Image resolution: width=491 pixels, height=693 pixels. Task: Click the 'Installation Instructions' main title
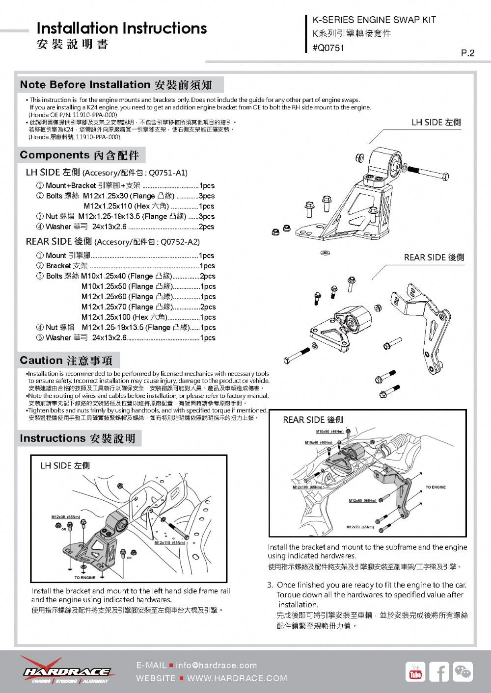[x=121, y=28]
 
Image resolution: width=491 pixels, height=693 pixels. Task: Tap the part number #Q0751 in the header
[x=328, y=48]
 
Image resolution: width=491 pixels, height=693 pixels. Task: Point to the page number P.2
[x=467, y=53]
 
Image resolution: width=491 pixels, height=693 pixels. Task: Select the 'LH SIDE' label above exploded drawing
[x=436, y=122]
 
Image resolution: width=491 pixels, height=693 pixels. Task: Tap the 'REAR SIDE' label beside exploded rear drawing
[x=434, y=257]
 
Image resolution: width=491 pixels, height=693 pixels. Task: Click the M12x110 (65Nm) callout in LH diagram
[x=169, y=542]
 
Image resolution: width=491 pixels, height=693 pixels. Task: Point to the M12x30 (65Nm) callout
[x=66, y=517]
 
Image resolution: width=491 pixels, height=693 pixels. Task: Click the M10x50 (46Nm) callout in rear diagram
[x=329, y=432]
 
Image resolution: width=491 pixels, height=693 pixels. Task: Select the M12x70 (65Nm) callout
[x=360, y=527]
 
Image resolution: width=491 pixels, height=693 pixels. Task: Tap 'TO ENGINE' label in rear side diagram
[x=436, y=487]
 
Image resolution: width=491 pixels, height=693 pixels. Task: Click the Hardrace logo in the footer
[x=66, y=671]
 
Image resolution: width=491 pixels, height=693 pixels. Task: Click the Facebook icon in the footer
[x=438, y=672]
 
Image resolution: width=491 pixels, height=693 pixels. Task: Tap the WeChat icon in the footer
[x=463, y=672]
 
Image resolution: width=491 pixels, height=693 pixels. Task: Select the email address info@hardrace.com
[x=216, y=666]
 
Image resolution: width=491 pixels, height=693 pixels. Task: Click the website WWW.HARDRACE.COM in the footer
[x=237, y=678]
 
